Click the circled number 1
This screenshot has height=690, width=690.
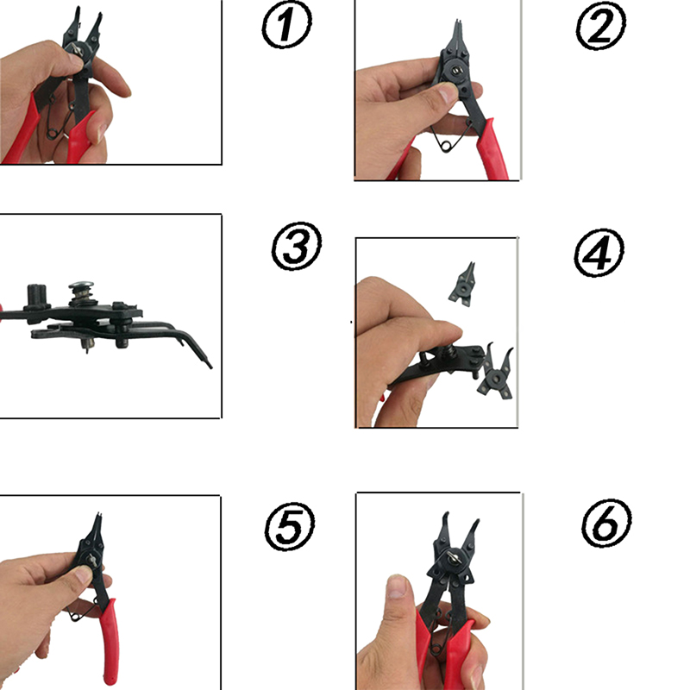287,25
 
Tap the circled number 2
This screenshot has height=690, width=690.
600,26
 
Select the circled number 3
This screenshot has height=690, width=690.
297,246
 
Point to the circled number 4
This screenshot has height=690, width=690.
599,253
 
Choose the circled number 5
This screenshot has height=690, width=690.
290,527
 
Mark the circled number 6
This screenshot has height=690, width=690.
606,524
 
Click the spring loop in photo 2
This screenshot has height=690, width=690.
447,146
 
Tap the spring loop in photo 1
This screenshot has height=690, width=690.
53,132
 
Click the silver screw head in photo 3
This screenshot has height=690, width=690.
81,285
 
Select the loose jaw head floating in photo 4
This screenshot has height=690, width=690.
463,285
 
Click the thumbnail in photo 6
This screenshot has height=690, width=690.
398,586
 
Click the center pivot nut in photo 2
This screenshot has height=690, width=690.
457,70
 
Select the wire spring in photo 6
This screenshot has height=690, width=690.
442,634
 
